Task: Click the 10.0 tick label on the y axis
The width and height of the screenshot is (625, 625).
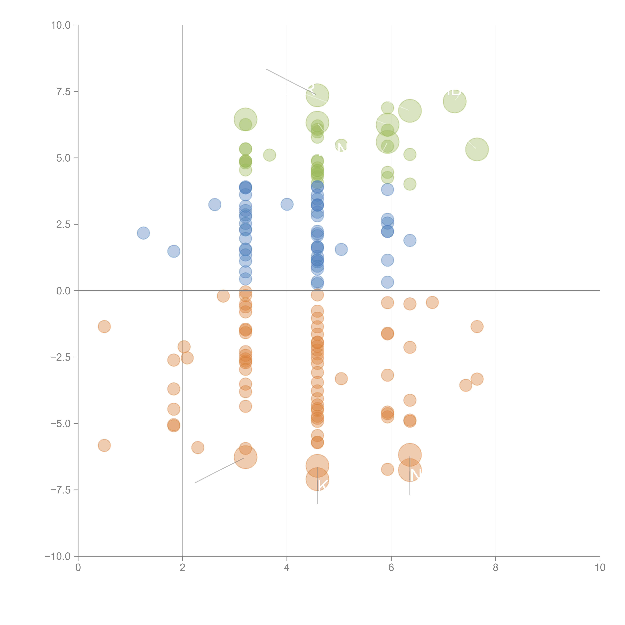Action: [x=61, y=25]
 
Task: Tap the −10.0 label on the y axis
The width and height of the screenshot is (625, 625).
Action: [x=58, y=556]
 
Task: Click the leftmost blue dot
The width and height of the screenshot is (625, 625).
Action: [x=143, y=233]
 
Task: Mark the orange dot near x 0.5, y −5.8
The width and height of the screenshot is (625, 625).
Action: [x=104, y=445]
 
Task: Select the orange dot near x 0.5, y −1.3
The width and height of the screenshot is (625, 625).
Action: [x=104, y=326]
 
